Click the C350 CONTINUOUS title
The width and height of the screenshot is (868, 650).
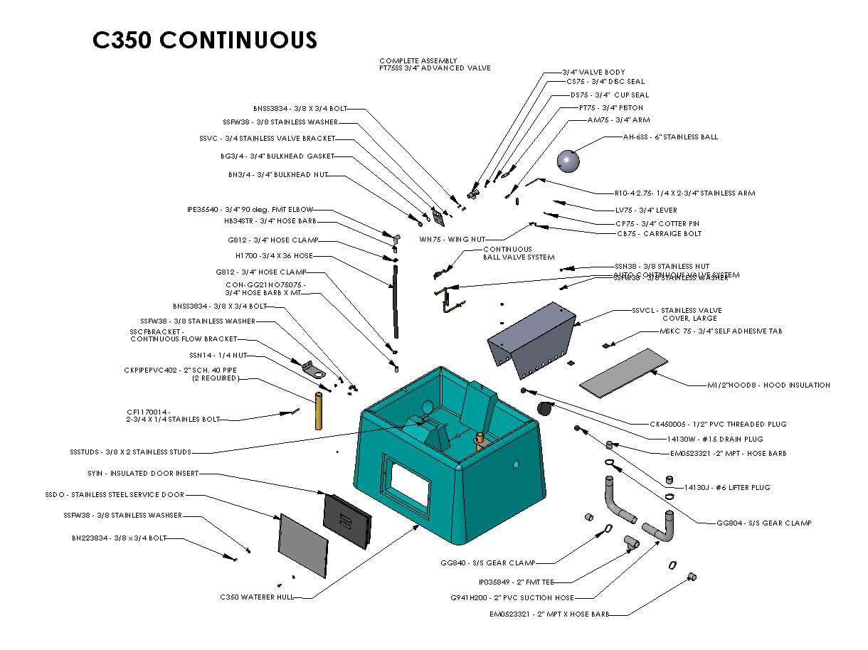point(205,40)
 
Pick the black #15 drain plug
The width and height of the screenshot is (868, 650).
point(546,408)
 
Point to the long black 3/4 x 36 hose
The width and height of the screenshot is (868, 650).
point(393,294)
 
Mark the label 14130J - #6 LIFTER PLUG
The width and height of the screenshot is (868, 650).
point(726,487)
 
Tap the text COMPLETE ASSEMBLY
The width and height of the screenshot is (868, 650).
point(418,60)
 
